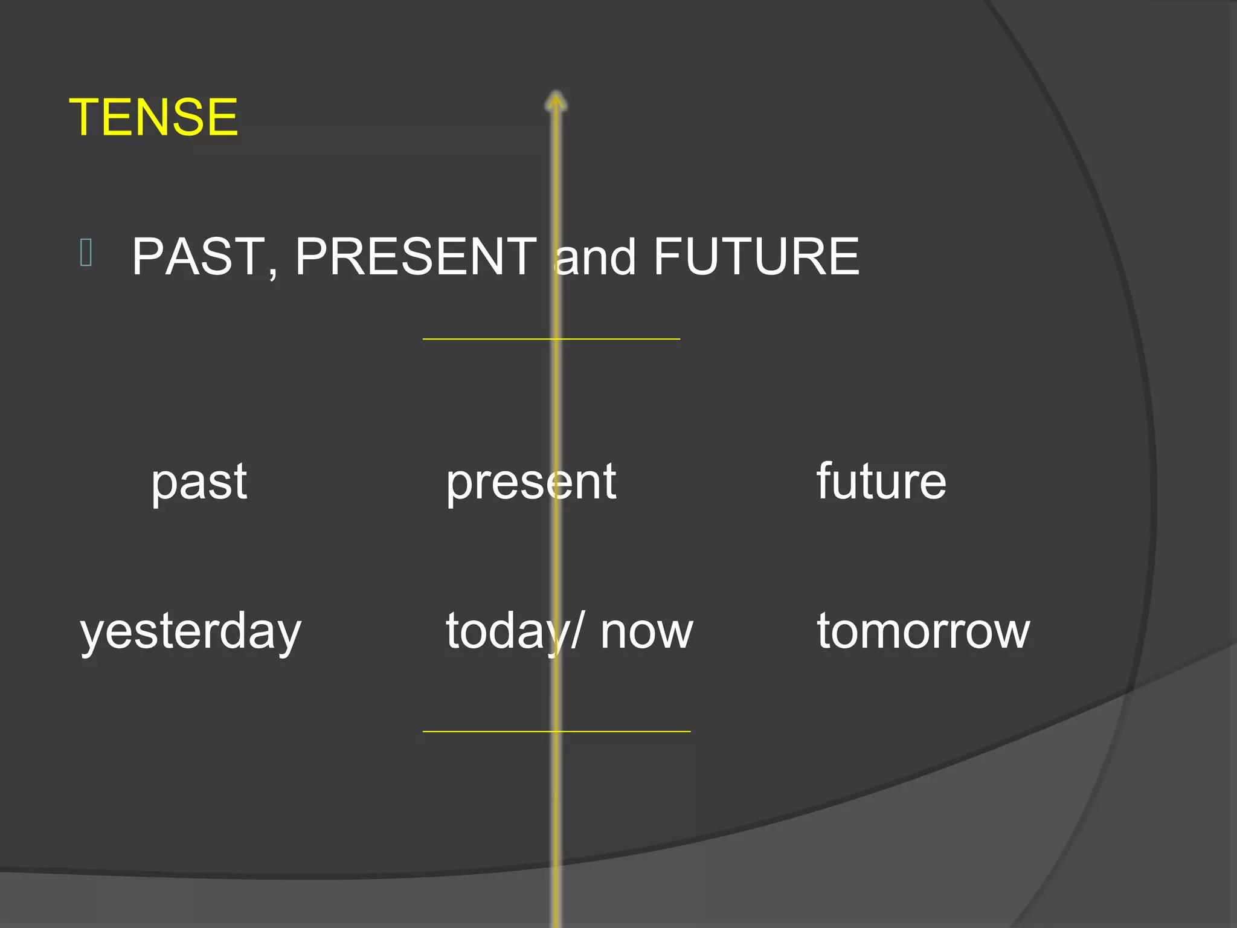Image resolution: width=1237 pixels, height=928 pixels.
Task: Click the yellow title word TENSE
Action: (154, 117)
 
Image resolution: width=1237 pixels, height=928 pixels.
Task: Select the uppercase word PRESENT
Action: (416, 257)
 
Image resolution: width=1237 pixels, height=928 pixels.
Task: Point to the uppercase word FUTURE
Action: (756, 257)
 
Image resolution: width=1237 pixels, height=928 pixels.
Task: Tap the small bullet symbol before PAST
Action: (86, 253)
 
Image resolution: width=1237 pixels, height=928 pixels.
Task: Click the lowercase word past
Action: (199, 483)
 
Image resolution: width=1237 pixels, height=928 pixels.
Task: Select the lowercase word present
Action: (531, 483)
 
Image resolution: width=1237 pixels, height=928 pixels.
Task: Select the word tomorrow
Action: (924, 631)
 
